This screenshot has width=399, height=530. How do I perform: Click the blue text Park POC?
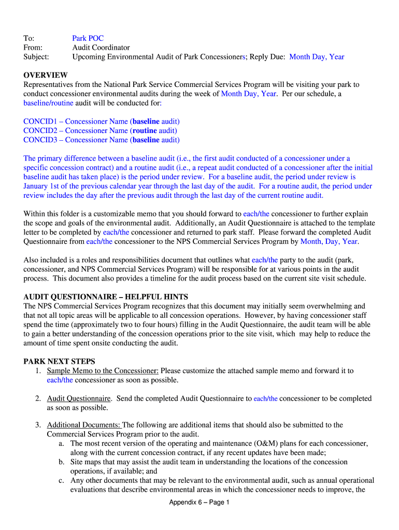[x=88, y=38]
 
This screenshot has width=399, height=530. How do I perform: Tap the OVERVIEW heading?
[x=46, y=76]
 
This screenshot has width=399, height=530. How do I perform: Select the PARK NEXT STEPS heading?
[x=59, y=361]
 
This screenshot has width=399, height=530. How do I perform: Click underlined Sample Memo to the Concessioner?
[x=103, y=371]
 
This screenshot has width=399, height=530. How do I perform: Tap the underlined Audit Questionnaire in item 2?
[x=79, y=399]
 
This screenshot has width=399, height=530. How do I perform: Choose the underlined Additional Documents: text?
[x=83, y=425]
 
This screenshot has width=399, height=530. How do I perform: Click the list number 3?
[x=38, y=425]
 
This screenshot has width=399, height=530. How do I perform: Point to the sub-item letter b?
[x=62, y=462]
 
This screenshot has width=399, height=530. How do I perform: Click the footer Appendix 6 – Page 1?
[x=199, y=503]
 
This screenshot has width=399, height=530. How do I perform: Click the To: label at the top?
[x=29, y=38]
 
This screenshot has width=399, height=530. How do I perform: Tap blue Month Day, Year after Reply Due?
[x=317, y=57]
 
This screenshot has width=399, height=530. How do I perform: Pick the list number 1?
[x=38, y=371]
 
